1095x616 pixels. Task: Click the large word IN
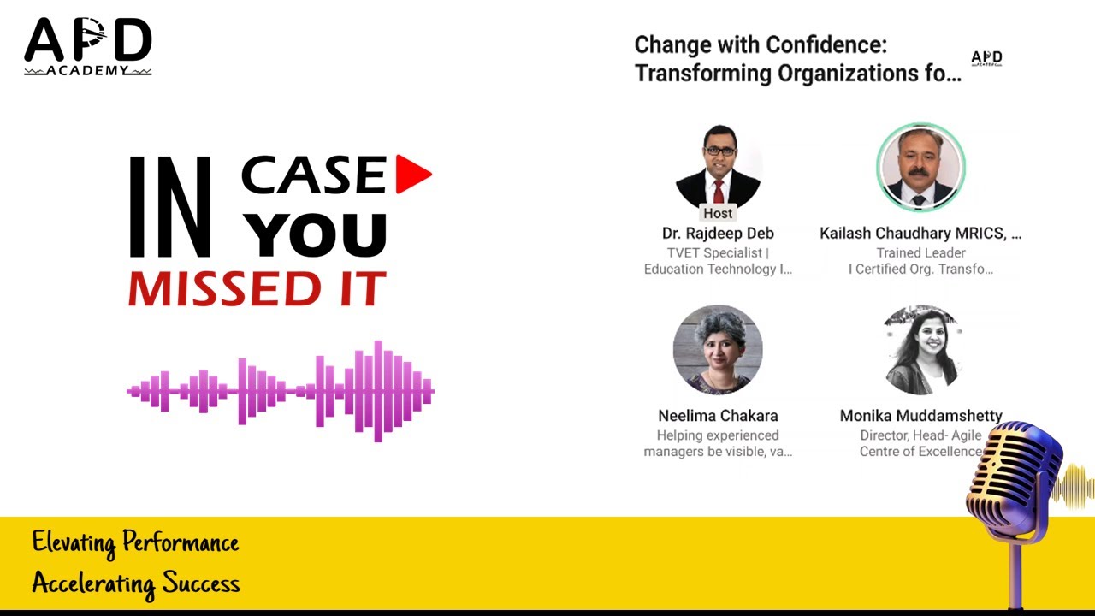(169, 207)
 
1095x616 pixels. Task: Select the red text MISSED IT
(257, 289)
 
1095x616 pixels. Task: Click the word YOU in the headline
(320, 234)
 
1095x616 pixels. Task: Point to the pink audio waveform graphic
(281, 391)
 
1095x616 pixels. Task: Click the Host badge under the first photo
(718, 213)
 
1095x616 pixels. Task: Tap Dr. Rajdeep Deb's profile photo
(718, 166)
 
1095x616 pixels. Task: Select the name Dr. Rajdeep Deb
(718, 234)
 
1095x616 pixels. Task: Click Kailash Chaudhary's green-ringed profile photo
(920, 167)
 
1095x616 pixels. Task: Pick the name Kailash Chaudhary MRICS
(920, 234)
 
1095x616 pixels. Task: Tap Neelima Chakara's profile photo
(718, 349)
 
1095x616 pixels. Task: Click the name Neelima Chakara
(718, 416)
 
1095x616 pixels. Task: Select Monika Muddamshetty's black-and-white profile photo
(920, 349)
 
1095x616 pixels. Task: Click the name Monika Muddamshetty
(920, 416)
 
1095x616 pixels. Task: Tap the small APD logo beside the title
(986, 58)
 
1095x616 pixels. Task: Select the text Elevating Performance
(135, 542)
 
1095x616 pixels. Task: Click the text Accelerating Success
(135, 583)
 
